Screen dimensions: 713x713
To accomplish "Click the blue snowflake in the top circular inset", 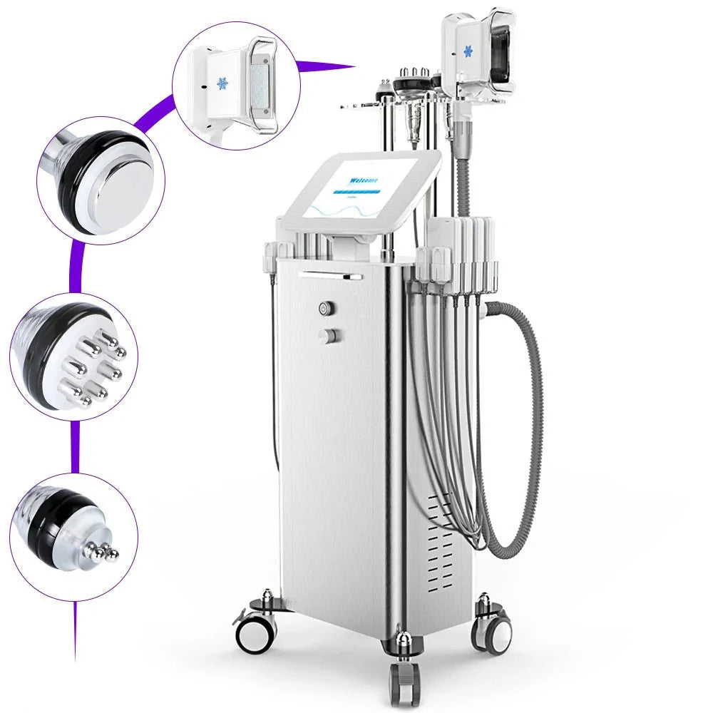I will click(222, 83).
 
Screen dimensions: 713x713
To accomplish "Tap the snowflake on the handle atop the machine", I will click(468, 51).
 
